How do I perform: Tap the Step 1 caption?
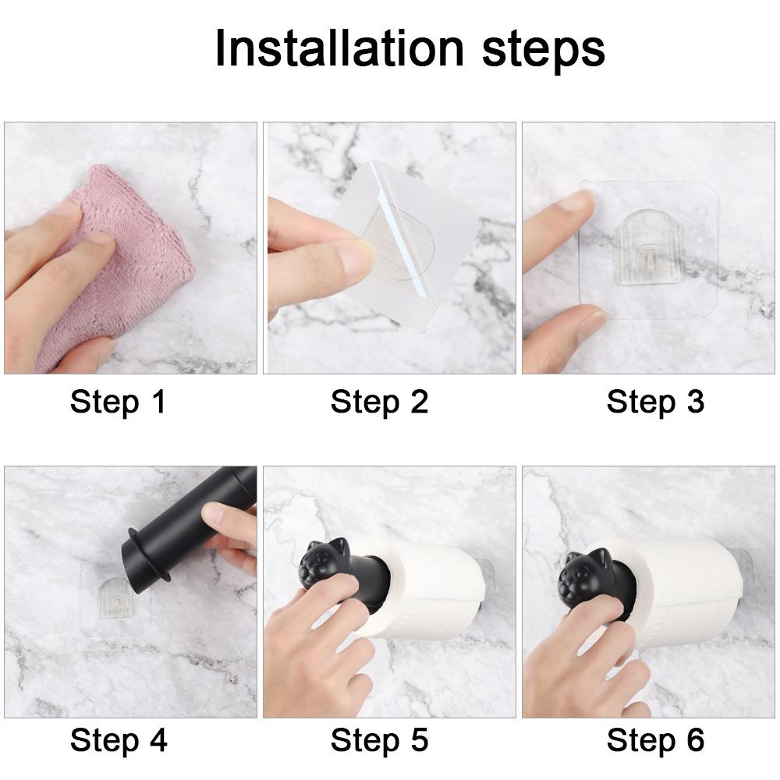coord(119,402)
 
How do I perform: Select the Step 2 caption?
coord(379,402)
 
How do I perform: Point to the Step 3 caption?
coord(655,402)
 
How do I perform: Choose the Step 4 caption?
coord(119,739)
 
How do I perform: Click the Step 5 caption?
coord(379,739)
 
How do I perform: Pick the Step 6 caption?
coord(655,739)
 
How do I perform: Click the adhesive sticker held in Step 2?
coord(413,242)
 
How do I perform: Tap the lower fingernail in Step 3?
coord(591,324)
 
